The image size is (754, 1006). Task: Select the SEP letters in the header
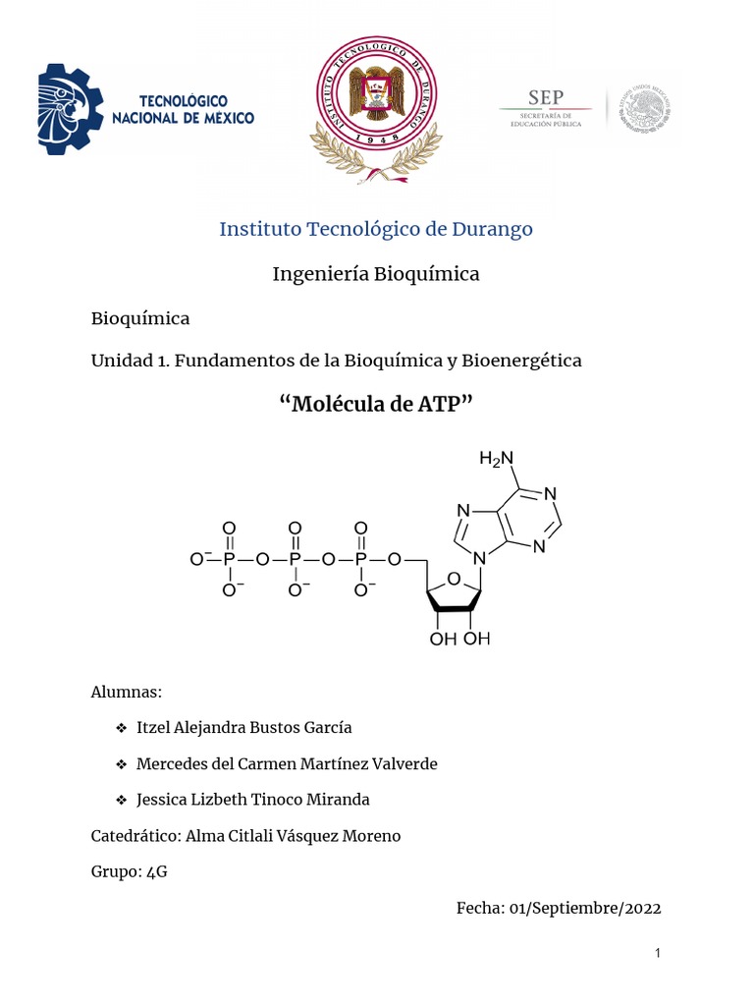pos(546,97)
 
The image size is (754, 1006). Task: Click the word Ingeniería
pos(321,274)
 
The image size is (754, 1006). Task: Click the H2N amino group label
pos(496,458)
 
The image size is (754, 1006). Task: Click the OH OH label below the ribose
pos(460,640)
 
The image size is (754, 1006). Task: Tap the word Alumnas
pos(126,693)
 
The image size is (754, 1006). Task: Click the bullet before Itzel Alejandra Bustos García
pos(121,728)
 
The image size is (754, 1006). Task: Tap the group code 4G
pos(156,871)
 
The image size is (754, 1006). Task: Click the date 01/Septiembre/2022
pos(585,908)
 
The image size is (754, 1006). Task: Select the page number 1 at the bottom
pos(659,954)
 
